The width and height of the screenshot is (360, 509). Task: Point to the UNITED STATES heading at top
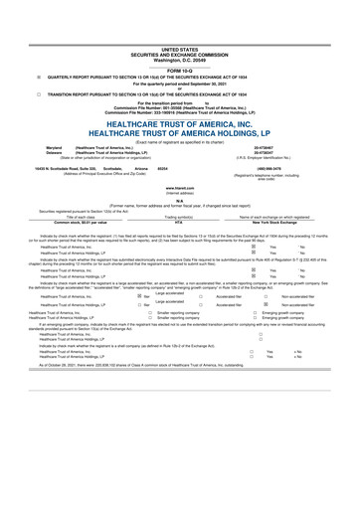click(x=179, y=19)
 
